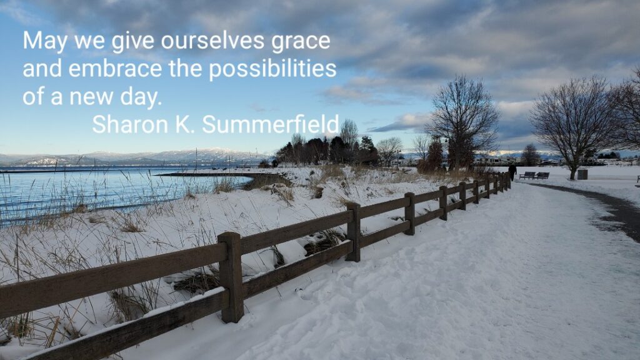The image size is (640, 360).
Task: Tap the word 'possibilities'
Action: [272, 69]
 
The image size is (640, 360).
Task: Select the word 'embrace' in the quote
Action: [115, 68]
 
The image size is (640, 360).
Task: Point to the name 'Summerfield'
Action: [270, 124]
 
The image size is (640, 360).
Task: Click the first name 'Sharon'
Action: [130, 124]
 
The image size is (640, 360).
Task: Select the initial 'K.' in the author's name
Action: [185, 124]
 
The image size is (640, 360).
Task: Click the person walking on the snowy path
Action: [512, 172]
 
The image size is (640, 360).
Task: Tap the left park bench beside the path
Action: [527, 176]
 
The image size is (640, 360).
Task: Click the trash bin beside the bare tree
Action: [582, 174]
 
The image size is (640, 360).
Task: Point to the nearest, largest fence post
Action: [231, 277]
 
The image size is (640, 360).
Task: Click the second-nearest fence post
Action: [354, 232]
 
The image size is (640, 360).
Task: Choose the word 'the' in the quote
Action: [185, 68]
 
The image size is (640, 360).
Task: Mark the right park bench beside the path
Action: [542, 176]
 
